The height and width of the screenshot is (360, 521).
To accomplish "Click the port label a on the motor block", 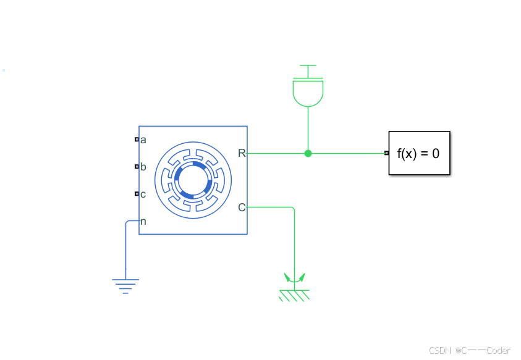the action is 143,140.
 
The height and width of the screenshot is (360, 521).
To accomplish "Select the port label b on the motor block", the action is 143,167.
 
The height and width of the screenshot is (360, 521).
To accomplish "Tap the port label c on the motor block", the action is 143,194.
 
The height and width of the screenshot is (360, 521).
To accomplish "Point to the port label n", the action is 143,222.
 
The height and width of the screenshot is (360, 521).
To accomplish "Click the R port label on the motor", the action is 242,153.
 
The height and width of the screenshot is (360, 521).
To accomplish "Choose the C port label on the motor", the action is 242,207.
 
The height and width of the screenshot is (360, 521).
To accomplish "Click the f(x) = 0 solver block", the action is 419,153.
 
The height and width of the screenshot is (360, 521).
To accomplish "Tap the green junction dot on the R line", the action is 308,153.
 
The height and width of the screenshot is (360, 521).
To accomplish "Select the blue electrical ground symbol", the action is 125,285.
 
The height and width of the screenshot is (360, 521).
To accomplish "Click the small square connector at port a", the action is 137,140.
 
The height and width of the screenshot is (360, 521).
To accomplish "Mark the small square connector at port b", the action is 137,167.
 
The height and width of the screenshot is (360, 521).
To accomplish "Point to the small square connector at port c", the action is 137,194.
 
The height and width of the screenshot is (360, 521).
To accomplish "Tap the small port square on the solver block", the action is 386,153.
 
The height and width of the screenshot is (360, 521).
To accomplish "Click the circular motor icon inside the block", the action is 193,180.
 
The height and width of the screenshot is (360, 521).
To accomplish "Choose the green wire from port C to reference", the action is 294,241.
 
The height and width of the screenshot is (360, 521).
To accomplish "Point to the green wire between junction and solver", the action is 346,153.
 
